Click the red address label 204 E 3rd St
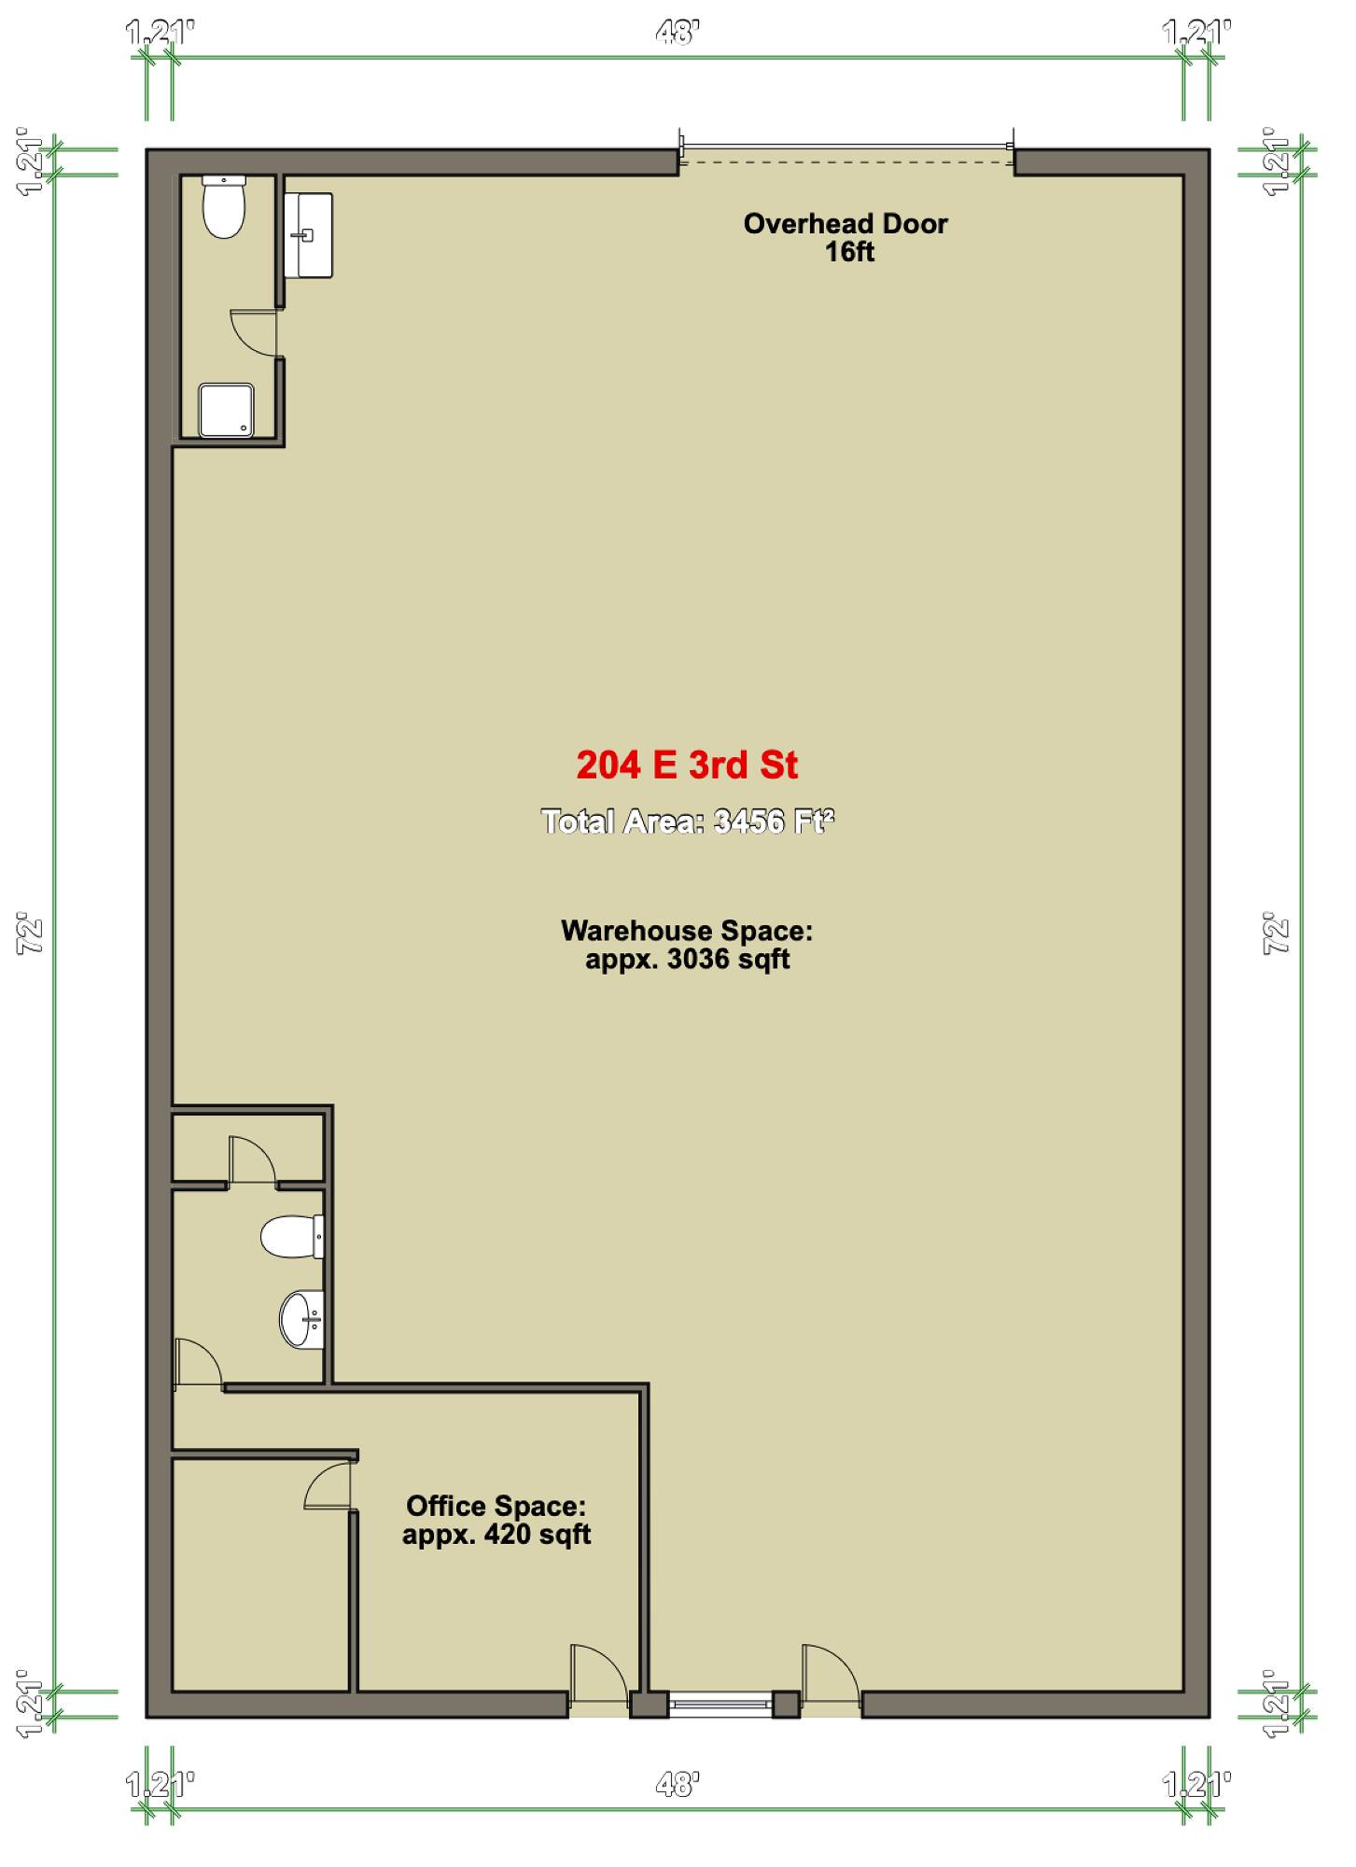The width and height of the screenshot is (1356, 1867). coord(687,765)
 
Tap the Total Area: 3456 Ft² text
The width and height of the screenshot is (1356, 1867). coord(687,821)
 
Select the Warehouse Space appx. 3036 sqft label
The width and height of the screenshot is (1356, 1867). coord(687,945)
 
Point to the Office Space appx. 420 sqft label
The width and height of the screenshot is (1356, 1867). coord(496,1520)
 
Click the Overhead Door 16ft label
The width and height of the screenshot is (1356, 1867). coord(846,237)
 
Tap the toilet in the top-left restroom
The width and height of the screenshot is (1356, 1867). coord(224,206)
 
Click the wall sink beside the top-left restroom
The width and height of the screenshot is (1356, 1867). coord(308,235)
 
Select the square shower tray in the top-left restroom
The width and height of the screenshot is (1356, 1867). coord(226,410)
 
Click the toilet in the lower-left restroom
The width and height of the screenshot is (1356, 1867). coord(292,1236)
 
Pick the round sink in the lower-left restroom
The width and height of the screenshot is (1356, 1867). coord(302,1319)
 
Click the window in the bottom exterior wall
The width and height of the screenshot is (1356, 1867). coord(720,1704)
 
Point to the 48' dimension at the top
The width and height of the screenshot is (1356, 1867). coord(678,34)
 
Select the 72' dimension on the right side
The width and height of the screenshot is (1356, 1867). coord(1277,933)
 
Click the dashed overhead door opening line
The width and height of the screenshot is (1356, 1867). coord(846,162)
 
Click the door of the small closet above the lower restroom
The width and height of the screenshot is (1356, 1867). coord(253,1160)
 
